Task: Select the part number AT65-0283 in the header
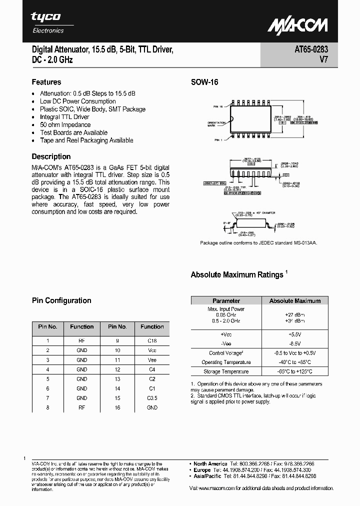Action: [x=311, y=50]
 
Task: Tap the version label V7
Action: [x=323, y=60]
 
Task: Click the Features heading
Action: [x=46, y=82]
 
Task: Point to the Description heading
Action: [x=51, y=156]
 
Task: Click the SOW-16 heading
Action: [x=204, y=82]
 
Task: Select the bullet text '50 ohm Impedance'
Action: [x=65, y=125]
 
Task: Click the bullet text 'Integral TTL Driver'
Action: [x=64, y=117]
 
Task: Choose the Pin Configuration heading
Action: [x=61, y=300]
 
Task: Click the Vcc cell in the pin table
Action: [x=152, y=350]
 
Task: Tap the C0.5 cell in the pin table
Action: [x=152, y=398]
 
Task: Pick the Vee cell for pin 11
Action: [x=152, y=360]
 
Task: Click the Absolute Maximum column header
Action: [x=295, y=300]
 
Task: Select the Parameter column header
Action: [x=226, y=300]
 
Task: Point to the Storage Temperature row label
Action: [x=226, y=371]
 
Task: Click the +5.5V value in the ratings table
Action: [x=295, y=333]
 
